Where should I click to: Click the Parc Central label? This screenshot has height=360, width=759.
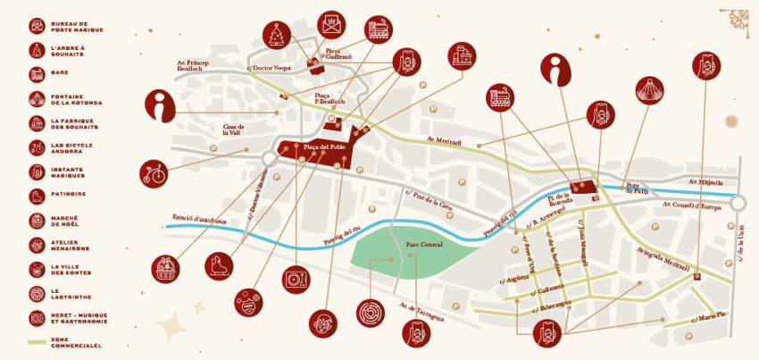pyautogui.click(x=424, y=244)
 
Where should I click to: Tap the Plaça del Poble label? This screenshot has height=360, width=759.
pyautogui.click(x=324, y=147)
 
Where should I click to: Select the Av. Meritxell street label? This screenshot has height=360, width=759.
pyautogui.click(x=444, y=140)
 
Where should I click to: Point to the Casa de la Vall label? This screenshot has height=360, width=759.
pyautogui.click(x=234, y=130)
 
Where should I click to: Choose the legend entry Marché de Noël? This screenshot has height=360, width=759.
pyautogui.click(x=68, y=219)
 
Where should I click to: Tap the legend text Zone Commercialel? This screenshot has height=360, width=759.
pyautogui.click(x=75, y=341)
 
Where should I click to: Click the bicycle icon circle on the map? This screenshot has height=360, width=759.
pyautogui.click(x=154, y=172)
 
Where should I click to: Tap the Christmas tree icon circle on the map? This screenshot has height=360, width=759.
pyautogui.click(x=277, y=35)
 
